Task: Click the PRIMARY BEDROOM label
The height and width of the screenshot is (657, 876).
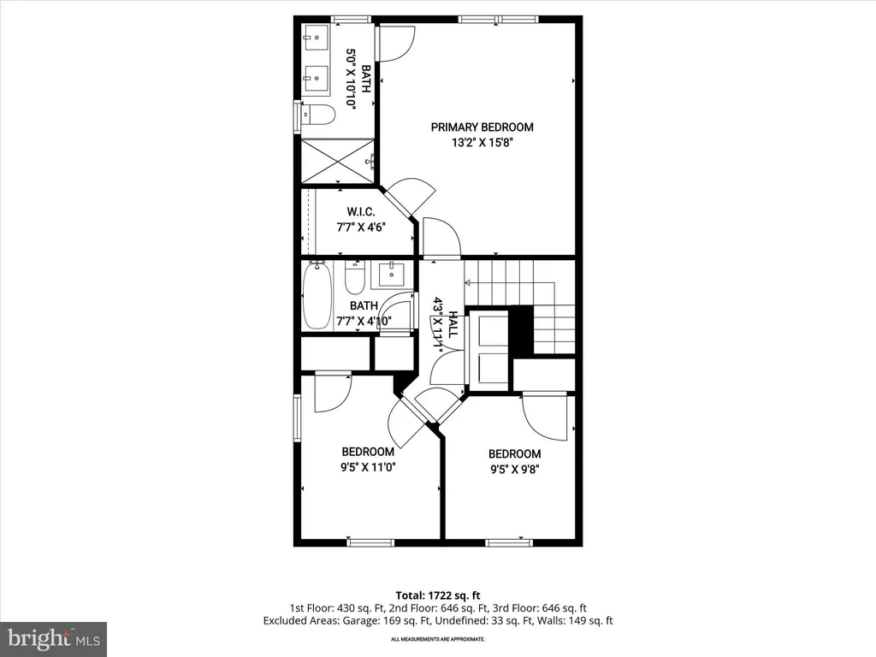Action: pos(482,127)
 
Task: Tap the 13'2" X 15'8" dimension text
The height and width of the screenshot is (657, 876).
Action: pos(482,143)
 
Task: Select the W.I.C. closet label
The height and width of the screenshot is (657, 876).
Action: pos(360,212)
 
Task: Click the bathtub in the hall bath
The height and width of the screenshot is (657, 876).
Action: pos(317,295)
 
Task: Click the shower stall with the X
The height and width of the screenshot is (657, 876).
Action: pos(337,161)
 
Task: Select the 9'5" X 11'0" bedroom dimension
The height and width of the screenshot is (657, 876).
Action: pos(368,467)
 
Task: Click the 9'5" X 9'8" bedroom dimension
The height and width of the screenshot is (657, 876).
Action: pos(514,470)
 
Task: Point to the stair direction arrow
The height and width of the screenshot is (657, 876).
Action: pos(467,282)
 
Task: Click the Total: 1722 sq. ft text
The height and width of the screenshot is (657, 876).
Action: pos(438,595)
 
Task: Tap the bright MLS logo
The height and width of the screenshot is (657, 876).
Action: pos(53,639)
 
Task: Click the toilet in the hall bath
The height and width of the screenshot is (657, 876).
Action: pos(355,277)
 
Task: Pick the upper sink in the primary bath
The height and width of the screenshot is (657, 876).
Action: pos(317,38)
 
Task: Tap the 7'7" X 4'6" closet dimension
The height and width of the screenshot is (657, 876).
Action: pos(361,228)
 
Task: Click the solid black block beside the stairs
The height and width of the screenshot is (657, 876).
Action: pos(520,329)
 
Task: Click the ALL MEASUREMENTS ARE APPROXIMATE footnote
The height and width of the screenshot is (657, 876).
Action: pos(437,639)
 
